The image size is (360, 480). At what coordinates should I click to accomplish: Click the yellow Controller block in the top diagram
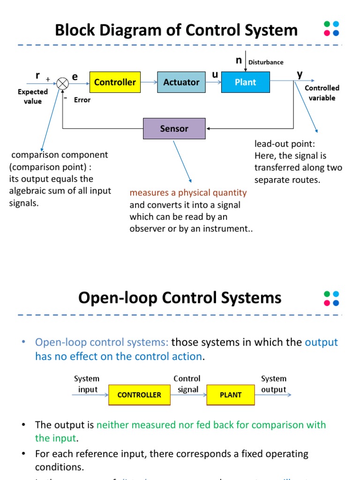(115, 82)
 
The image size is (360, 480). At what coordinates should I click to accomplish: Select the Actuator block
(181, 82)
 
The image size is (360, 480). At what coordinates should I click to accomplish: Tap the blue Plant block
(246, 82)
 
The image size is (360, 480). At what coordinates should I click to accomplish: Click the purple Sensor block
(174, 128)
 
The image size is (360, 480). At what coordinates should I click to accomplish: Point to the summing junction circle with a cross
(63, 83)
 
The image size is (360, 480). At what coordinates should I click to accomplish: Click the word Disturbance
(266, 62)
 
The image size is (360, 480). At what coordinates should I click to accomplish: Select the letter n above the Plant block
(239, 60)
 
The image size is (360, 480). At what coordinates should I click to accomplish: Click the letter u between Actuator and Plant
(215, 74)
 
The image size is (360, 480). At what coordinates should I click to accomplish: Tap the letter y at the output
(300, 74)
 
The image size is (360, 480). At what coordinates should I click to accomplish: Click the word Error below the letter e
(82, 100)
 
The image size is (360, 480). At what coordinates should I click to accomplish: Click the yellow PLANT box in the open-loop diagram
(231, 395)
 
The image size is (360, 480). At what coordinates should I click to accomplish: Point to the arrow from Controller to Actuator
(149, 82)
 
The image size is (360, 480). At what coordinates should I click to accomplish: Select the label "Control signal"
(187, 384)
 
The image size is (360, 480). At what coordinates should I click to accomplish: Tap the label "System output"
(273, 384)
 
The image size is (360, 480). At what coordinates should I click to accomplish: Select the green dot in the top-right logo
(328, 24)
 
